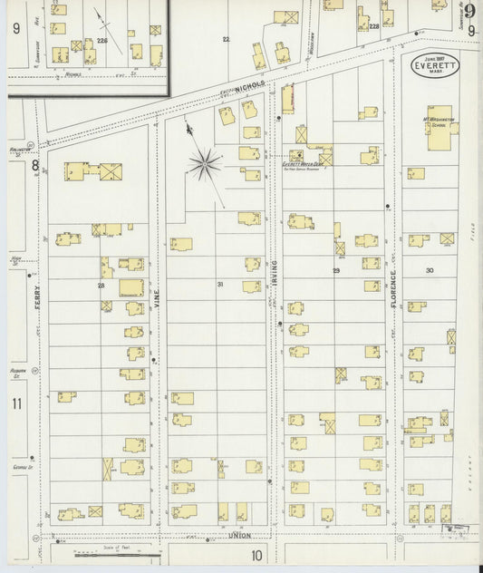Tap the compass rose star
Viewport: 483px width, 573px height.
206,164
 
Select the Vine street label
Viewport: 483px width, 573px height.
157,290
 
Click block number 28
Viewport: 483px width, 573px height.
101,286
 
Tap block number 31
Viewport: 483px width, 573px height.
219,285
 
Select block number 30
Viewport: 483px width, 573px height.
430,270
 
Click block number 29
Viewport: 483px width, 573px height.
335,270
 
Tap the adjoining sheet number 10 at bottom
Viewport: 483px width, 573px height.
257,555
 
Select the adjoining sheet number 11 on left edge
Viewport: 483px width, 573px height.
16,403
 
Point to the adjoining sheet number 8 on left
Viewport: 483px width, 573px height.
35,166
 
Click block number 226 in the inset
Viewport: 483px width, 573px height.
101,41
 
